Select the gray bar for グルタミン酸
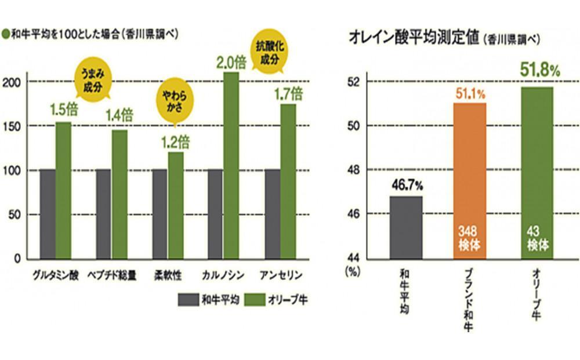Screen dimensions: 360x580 point(48,214)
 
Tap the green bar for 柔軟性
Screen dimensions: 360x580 point(175,205)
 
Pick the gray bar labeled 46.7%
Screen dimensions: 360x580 point(406,227)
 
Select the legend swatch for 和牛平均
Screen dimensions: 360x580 point(190,300)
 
